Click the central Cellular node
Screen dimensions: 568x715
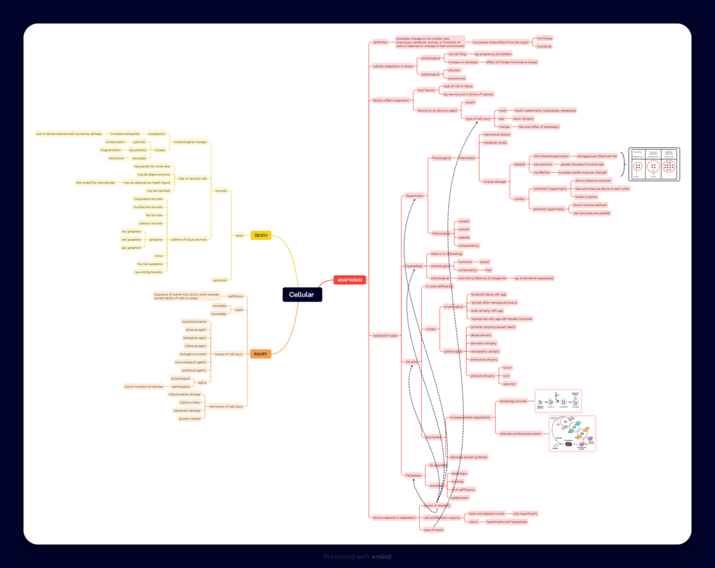tap(302, 294)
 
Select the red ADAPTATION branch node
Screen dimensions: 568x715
tap(349, 280)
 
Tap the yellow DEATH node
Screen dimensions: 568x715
tap(260, 235)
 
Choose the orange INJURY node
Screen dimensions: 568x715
tap(260, 354)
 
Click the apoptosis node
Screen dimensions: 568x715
tap(221, 280)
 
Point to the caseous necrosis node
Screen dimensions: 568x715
tap(150, 223)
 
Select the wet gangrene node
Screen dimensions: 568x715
tap(131, 240)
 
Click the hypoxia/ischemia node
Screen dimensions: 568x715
tap(194, 321)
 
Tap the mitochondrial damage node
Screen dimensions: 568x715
tap(184, 394)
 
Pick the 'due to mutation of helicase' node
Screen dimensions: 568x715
tap(144, 387)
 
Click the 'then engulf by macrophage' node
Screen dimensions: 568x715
tap(95, 183)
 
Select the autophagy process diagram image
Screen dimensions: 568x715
tap(558, 401)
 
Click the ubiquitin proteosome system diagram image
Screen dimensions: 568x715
tap(572, 434)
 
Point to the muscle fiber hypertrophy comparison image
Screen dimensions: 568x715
tap(654, 164)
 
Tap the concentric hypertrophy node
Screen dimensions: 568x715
tap(550, 189)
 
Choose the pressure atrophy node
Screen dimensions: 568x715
tap(482, 375)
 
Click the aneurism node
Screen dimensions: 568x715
tap(509, 384)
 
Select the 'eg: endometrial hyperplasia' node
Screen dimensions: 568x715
tap(534, 278)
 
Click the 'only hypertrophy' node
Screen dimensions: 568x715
tap(525, 513)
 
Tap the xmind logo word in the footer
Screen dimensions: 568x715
tap(381, 557)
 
